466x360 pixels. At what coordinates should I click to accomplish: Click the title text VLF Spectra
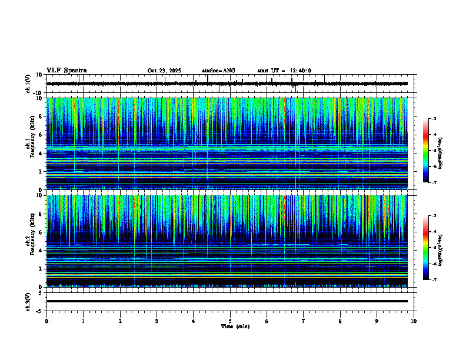(x=66, y=70)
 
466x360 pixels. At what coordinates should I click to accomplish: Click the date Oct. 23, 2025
(x=164, y=71)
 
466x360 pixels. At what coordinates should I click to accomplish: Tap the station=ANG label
(x=218, y=71)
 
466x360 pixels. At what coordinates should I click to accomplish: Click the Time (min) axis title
(x=235, y=326)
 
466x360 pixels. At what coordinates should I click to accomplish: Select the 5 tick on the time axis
(x=230, y=321)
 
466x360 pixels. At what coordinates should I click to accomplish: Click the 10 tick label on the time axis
(x=414, y=321)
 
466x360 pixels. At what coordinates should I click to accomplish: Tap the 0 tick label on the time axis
(x=46, y=321)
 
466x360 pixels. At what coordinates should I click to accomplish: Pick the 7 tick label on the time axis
(x=304, y=321)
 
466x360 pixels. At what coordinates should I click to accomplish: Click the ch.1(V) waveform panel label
(x=28, y=84)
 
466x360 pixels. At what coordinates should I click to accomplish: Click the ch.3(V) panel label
(x=28, y=301)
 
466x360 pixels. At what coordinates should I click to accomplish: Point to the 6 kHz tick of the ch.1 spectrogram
(x=41, y=135)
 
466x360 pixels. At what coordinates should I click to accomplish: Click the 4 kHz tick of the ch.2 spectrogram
(x=41, y=251)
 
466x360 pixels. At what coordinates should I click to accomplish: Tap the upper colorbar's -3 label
(x=434, y=119)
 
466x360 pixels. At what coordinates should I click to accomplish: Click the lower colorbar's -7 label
(x=434, y=280)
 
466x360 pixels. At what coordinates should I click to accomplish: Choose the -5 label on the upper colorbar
(x=434, y=151)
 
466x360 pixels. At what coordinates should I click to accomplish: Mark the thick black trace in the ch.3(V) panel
(x=229, y=301)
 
